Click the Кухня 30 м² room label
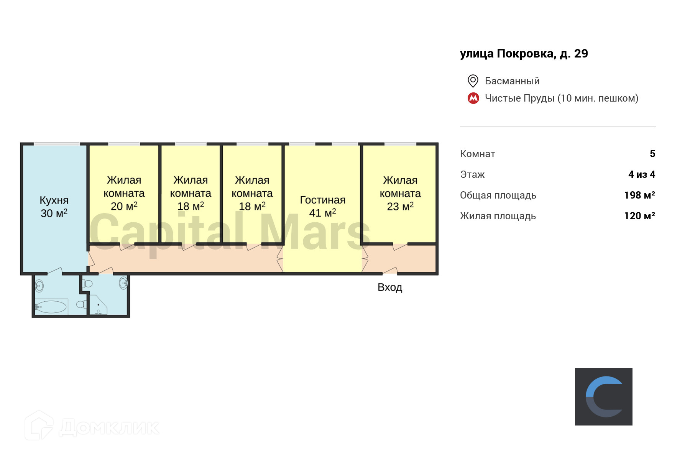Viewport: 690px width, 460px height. click(54, 207)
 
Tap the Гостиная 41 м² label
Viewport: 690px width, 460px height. click(322, 206)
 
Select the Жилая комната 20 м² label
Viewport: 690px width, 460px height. click(124, 193)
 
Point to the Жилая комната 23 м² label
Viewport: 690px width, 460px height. click(400, 193)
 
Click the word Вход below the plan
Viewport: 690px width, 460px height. click(389, 287)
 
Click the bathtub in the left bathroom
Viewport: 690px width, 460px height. click(51, 307)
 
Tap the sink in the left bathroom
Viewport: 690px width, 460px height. click(39, 286)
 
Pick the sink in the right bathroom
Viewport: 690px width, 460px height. click(123, 283)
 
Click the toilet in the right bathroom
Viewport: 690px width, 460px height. click(87, 284)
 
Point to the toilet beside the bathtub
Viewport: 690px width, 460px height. click(81, 305)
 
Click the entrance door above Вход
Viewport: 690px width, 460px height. click(390, 271)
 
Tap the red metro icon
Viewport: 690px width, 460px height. click(473, 99)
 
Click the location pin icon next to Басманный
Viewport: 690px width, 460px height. click(473, 81)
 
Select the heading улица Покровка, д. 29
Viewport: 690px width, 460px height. click(524, 54)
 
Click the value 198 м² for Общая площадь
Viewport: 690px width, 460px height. click(639, 195)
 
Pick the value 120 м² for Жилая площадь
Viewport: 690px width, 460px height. click(639, 216)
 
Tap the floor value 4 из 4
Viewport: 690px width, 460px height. click(642, 174)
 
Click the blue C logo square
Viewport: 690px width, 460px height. click(603, 396)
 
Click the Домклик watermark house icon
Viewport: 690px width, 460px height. click(39, 426)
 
